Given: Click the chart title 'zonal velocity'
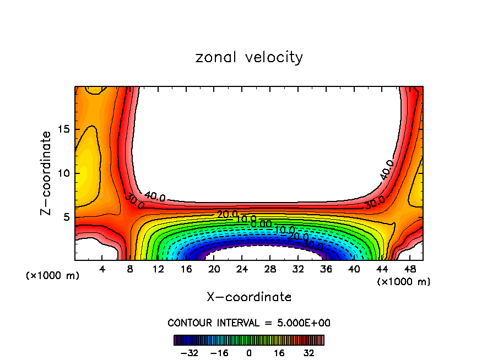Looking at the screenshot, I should [x=249, y=57].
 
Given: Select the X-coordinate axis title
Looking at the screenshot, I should [x=249, y=297].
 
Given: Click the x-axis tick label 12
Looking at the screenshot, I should [x=159, y=269].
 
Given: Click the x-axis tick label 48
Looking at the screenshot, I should [x=410, y=269].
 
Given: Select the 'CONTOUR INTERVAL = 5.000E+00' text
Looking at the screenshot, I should [x=249, y=323].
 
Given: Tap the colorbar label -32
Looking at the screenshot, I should [x=189, y=353].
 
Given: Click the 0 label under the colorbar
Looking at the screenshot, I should [x=249, y=353].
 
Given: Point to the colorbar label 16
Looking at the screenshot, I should [x=279, y=353].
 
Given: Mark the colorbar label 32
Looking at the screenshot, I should [x=309, y=353].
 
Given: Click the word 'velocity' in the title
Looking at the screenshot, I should [x=275, y=57].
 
